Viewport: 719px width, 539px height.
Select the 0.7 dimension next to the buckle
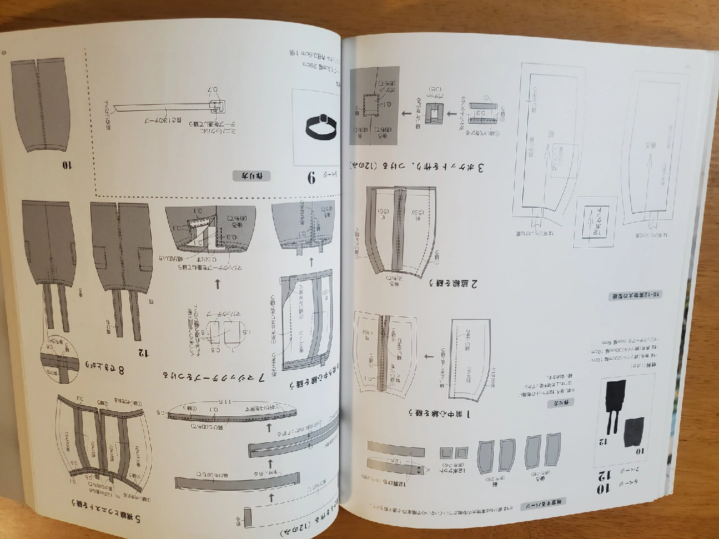(213, 91)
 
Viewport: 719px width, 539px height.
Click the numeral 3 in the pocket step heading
(480, 167)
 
